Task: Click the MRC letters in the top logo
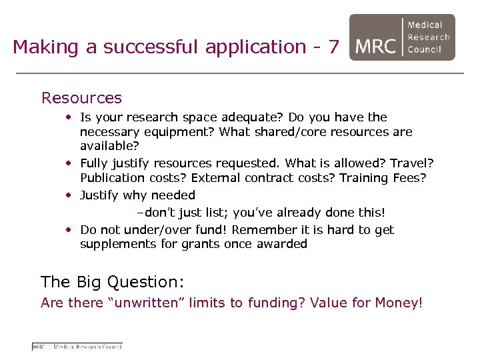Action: [377, 47]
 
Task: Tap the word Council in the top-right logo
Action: [429, 49]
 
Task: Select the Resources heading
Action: [81, 98]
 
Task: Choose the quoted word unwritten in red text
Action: [146, 303]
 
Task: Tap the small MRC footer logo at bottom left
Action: [77, 346]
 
